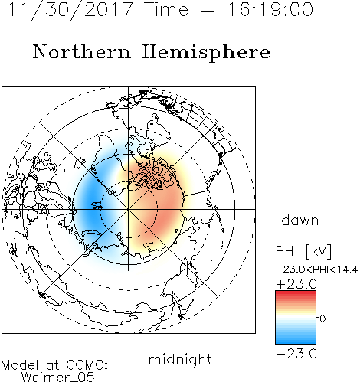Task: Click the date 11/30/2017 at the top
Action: pos(70,9)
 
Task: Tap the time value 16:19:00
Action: pos(270,9)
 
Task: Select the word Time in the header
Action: pos(166,9)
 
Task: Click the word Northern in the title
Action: pos(82,52)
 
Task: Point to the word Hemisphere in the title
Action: pos(206,53)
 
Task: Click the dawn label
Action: pos(300,220)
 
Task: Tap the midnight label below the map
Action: pos(180,360)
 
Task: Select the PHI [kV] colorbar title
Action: pos(303,251)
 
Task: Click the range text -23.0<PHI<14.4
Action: pos(316,270)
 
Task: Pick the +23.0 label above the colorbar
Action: pos(296,284)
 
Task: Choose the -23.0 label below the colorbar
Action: pos(296,354)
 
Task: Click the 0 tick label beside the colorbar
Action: pos(322,319)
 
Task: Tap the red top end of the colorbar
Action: pos(296,293)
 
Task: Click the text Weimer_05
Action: pos(58,377)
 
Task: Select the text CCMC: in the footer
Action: pos(87,365)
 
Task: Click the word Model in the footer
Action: pos(20,365)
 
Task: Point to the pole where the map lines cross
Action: pos(129,209)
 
